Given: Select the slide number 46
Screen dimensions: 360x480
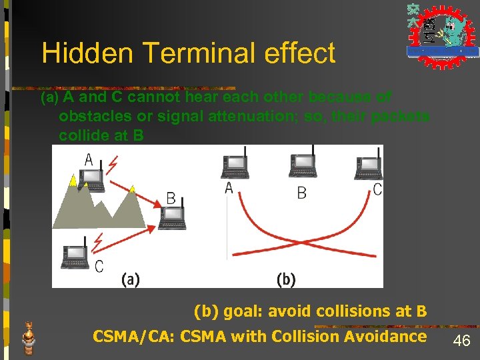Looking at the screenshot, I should click(x=461, y=341).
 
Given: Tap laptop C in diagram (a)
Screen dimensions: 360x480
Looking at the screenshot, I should click(x=75, y=257).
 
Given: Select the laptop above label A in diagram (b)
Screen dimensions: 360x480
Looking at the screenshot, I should click(x=234, y=165).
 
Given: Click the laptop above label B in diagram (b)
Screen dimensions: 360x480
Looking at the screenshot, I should click(x=301, y=165).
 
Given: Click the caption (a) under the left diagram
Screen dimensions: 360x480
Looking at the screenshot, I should click(x=131, y=279).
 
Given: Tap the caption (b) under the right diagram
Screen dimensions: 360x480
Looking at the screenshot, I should click(x=286, y=279).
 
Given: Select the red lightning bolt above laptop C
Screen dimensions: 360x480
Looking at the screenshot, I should click(x=99, y=239).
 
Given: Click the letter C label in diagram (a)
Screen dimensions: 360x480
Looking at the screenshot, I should click(x=99, y=267).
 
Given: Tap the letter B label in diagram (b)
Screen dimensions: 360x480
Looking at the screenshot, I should click(x=301, y=193).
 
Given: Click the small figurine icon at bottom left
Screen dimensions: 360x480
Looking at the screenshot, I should click(x=28, y=337).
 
